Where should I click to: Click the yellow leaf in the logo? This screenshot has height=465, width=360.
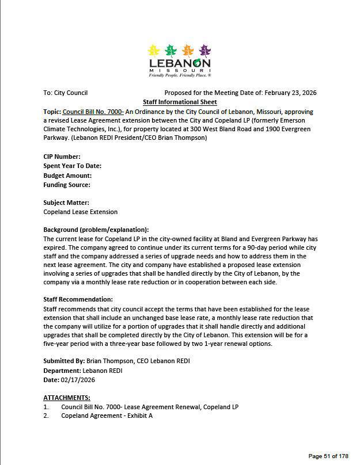coord(154,51)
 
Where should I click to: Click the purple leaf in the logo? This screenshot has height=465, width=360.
coord(204,51)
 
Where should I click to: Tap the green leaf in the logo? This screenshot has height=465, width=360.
coord(170,51)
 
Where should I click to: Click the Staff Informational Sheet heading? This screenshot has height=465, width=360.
coord(180,102)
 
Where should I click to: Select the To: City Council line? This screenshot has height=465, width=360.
coord(65,93)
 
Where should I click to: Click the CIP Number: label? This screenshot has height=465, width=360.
coord(62,157)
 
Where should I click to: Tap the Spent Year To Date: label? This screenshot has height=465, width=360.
coord(72,166)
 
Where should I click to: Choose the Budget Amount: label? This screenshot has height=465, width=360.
coord(67,176)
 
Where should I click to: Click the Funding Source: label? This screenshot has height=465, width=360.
coord(67,185)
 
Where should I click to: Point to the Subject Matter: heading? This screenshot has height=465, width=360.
coord(66,203)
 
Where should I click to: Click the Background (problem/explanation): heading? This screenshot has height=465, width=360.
coord(96,230)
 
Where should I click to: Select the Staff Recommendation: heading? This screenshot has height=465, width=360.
coord(78,299)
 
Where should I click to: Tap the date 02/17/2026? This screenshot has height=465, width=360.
coord(78,380)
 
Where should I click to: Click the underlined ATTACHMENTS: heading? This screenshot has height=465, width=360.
coord(67,398)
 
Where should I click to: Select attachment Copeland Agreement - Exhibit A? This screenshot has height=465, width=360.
coord(107,416)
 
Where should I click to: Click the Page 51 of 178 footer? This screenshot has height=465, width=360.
coord(328,456)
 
